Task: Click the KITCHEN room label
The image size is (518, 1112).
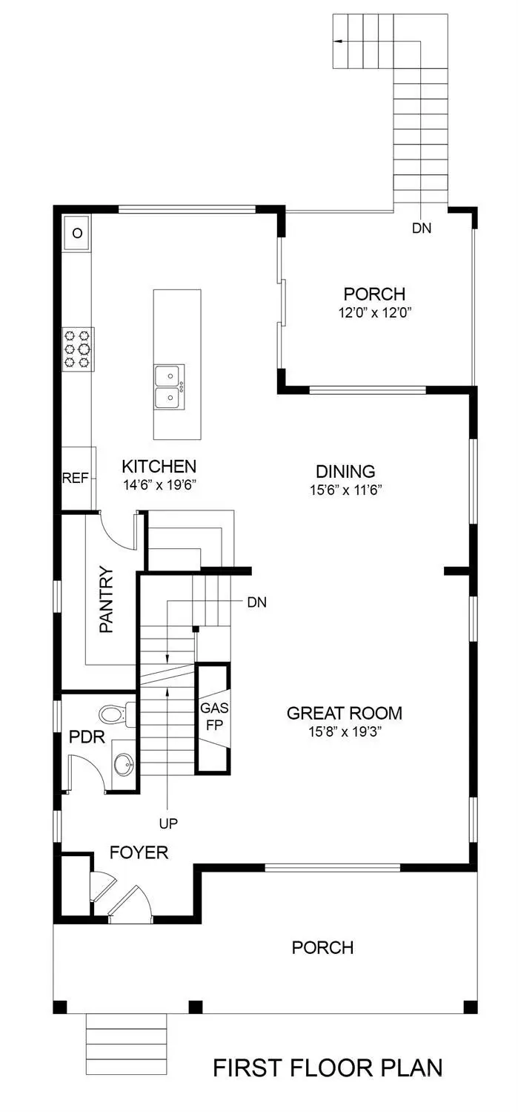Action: (159, 467)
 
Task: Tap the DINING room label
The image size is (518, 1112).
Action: (345, 471)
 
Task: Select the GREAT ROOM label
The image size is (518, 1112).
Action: (345, 713)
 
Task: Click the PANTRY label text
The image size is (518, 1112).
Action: (107, 599)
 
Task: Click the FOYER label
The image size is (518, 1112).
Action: (139, 853)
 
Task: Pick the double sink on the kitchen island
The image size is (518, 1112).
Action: (170, 386)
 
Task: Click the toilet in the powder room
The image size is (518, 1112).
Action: (114, 714)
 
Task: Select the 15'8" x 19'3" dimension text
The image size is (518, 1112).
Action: (345, 731)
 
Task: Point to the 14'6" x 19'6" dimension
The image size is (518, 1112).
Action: (159, 484)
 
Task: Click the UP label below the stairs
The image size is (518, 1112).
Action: (169, 823)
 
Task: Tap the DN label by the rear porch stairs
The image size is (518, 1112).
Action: (421, 228)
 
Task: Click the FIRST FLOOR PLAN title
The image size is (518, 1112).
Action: (328, 1068)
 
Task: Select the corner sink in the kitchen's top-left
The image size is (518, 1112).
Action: (76, 233)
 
